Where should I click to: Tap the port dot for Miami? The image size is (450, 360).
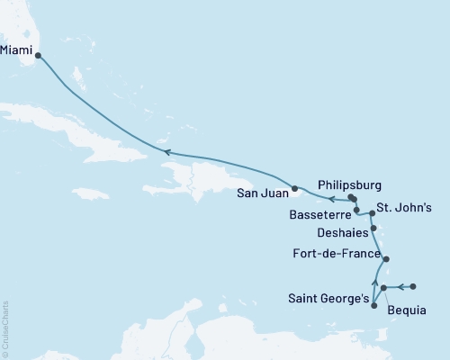38,55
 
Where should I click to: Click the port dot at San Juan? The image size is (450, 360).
294,188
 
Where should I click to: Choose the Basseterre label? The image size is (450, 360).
321,216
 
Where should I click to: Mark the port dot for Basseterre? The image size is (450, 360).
357,211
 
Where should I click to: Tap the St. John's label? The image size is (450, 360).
404,209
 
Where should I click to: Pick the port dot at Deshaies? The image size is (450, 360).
373,229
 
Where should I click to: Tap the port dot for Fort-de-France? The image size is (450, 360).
387,259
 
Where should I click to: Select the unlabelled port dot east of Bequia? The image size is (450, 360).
413,287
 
